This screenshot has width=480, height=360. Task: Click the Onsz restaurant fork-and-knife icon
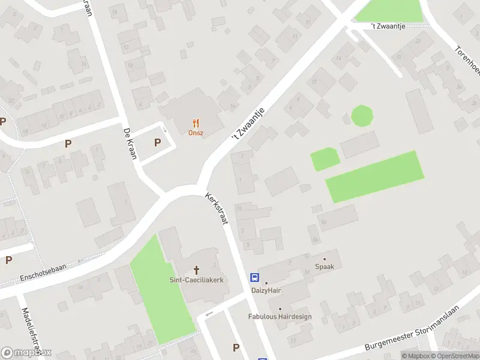click(x=196, y=122)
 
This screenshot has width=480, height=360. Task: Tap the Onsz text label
click(x=196, y=133)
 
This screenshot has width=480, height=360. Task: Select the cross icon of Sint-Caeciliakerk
click(x=196, y=270)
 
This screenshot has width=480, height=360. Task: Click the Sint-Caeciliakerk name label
click(x=196, y=280)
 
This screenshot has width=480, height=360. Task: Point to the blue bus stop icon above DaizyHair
click(x=255, y=277)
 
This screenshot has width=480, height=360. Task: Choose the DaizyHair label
click(x=266, y=290)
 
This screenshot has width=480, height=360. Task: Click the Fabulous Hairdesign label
click(x=280, y=316)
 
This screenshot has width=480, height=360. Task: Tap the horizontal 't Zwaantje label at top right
click(x=391, y=26)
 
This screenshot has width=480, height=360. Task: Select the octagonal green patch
click(x=361, y=115)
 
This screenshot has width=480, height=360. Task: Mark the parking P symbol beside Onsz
click(x=158, y=142)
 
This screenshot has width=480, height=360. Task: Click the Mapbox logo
click(x=26, y=353)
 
